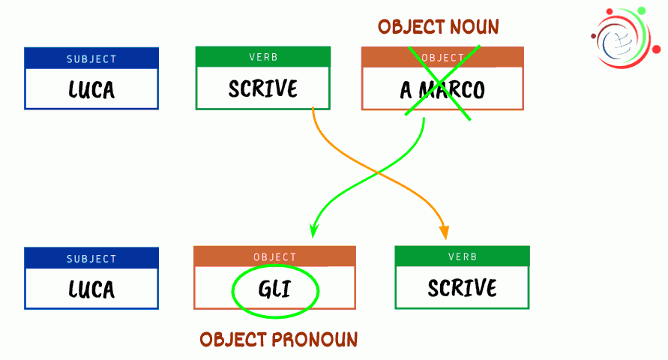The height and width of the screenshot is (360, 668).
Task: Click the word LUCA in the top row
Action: [91, 90]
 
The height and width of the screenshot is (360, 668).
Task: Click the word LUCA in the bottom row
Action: [91, 289]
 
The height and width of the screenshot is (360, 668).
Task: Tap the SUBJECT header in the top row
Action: [91, 58]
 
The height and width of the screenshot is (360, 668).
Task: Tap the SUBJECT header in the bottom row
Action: [91, 258]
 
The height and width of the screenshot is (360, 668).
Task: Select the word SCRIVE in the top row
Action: [263, 88]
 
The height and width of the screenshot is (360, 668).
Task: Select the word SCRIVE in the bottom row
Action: [463, 288]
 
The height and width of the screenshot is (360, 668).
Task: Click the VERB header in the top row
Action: [263, 57]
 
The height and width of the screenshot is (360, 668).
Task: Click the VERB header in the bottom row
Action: [463, 256]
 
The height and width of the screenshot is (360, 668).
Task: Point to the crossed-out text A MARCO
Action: [442, 91]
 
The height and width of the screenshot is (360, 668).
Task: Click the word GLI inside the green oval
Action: [275, 289]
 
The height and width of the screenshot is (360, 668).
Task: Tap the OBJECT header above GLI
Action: [275, 256]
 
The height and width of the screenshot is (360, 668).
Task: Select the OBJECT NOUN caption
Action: [438, 27]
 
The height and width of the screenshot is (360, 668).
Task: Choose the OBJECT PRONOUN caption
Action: [278, 340]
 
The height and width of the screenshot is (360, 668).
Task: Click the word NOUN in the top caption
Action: [474, 27]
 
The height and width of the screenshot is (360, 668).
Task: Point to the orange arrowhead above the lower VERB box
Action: [445, 232]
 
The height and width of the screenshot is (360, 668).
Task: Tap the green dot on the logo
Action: [641, 11]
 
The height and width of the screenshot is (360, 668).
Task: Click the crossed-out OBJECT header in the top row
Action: [442, 58]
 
